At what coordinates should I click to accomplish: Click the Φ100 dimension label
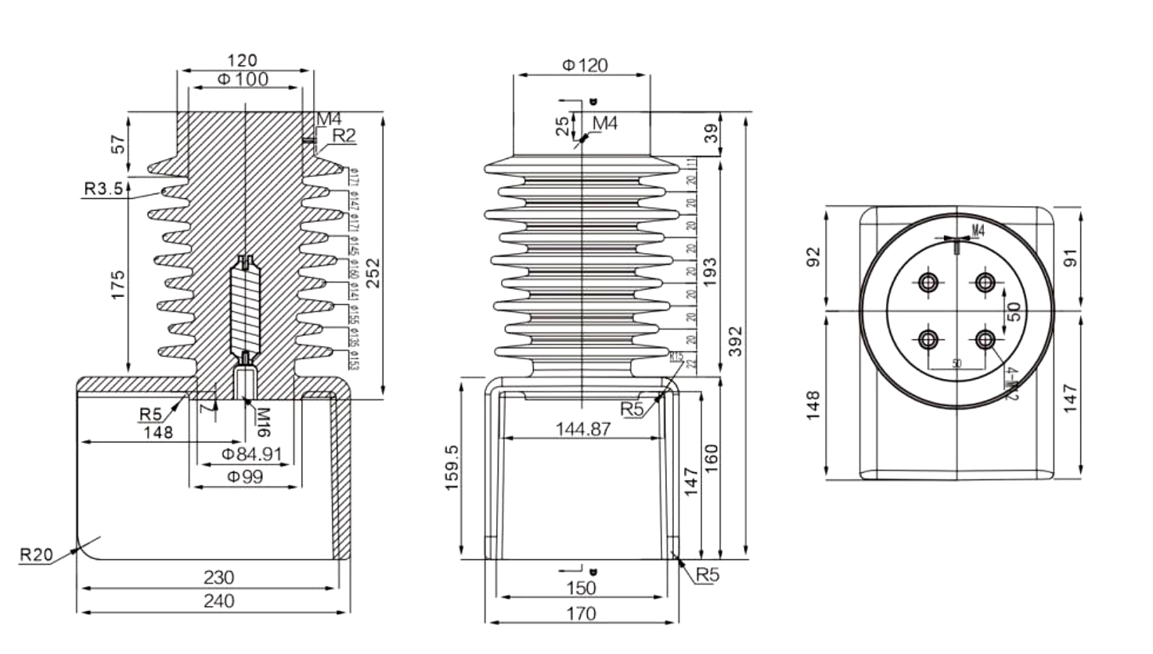243,79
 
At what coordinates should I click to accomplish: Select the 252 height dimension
374,273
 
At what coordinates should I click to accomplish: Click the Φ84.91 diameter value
251,454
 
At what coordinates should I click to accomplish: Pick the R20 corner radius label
36,555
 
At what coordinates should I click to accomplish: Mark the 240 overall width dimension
218,602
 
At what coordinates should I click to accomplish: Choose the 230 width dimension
218,577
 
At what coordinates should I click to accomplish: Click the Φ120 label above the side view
585,65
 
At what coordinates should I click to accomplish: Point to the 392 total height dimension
734,341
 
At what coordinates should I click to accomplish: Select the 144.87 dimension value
583,429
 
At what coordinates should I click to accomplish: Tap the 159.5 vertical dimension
452,468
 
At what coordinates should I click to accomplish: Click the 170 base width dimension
580,613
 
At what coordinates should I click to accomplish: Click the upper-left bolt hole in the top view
929,282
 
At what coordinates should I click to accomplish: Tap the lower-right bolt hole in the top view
985,340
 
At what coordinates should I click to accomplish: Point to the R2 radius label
344,135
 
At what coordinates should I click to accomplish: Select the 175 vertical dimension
117,285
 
